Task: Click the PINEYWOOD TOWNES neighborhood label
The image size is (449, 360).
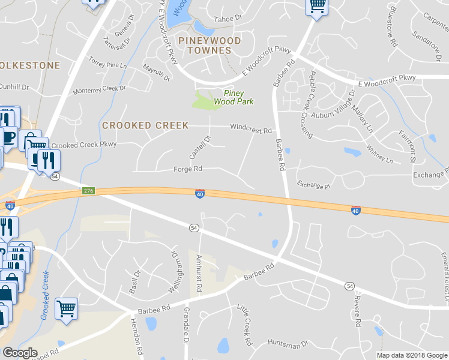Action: tap(209, 46)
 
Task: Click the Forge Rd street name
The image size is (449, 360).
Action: tap(188, 170)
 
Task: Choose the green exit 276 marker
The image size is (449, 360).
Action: tap(88, 191)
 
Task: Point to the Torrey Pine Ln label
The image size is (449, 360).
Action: tap(108, 62)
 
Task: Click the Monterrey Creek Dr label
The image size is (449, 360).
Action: tap(99, 90)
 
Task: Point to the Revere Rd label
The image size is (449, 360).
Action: tap(358, 311)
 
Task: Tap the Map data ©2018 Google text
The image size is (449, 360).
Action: tap(412, 355)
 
